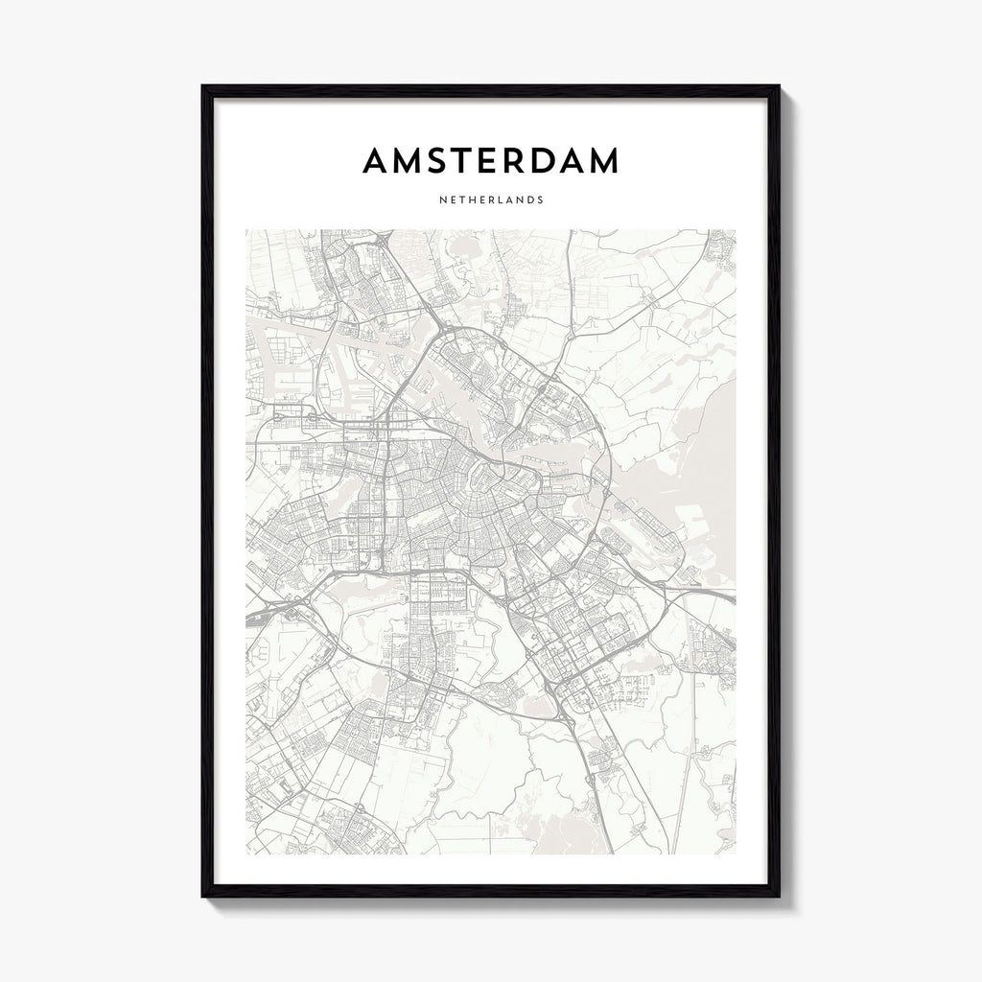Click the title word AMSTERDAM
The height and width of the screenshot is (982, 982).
coord(490,162)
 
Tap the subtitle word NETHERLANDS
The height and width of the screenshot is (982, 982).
coord(490,200)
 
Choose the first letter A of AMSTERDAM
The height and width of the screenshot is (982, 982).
coord(376,162)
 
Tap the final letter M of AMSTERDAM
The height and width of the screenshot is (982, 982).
coord(602,162)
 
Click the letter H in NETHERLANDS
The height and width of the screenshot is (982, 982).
coord(470,200)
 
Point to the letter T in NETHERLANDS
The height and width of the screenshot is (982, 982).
coord(459,200)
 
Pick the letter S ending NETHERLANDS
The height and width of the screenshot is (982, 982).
coord(541,200)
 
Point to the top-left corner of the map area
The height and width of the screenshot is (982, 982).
coord(245,230)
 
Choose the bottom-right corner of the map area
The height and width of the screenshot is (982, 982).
coord(736,853)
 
